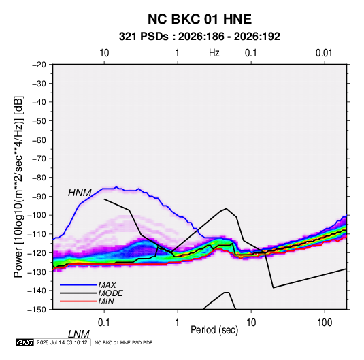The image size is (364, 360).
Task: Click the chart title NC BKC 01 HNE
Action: point(199,19)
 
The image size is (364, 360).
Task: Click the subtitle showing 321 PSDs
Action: point(199,37)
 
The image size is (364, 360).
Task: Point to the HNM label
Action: point(80,193)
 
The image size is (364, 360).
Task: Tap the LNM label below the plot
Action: point(79,334)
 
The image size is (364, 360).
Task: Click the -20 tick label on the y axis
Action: point(39,65)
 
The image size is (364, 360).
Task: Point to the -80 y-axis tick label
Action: point(39,178)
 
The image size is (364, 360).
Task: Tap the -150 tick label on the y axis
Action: point(37,310)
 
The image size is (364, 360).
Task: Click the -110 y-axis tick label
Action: point(37,234)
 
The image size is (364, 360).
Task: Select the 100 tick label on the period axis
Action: point(325,323)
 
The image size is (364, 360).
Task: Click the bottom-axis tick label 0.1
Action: point(104,323)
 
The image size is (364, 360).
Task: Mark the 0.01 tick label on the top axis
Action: point(324,53)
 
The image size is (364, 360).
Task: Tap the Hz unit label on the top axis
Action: point(214,53)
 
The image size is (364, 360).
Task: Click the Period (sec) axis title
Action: point(214,330)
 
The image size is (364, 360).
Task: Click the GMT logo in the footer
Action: point(24,342)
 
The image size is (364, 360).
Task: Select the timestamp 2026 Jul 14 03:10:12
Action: point(62,342)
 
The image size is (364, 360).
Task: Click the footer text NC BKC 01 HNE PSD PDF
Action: point(124,342)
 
